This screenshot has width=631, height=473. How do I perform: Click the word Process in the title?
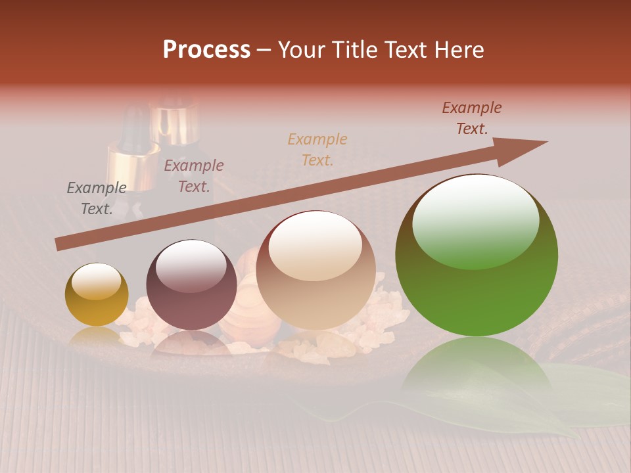pos(206,50)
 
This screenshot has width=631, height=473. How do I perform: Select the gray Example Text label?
pos(97,198)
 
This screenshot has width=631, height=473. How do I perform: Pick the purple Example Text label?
pos(194,176)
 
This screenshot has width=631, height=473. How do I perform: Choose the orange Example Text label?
pos(317,149)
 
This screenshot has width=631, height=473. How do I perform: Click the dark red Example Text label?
pos(472,118)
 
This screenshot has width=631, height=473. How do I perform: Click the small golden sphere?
pos(97,294)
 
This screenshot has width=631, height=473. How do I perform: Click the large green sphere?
pos(477,289)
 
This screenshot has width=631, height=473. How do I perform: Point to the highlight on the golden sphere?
pos(96,281)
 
